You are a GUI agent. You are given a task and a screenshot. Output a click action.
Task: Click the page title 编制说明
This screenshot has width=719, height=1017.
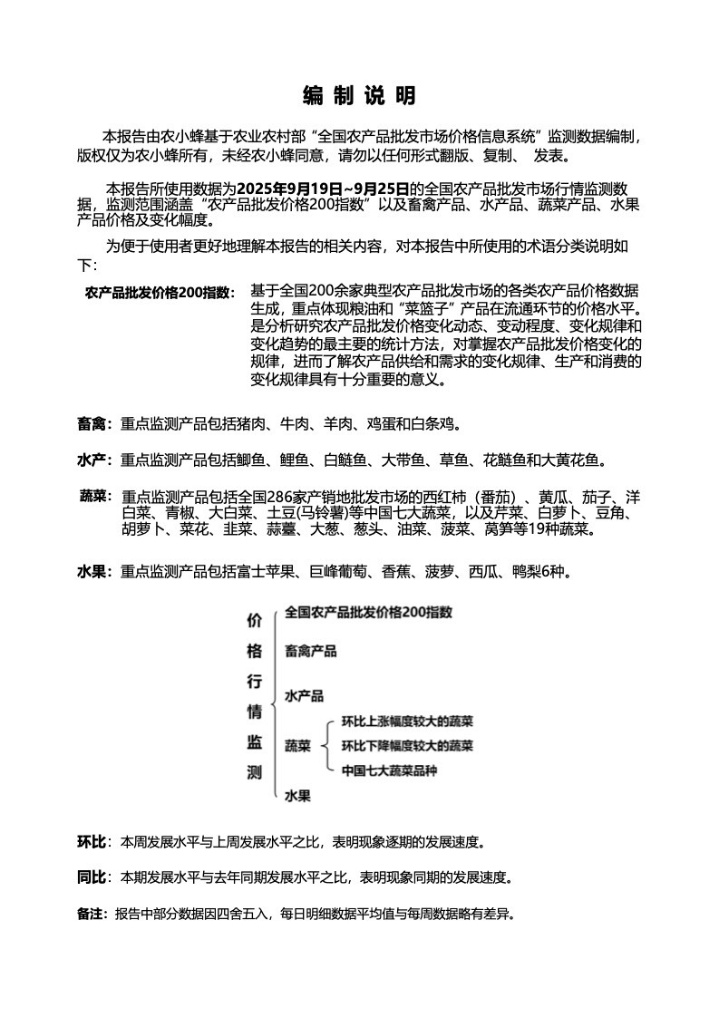click(x=359, y=96)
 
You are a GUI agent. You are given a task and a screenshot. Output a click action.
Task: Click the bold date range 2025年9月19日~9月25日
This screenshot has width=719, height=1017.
click(x=323, y=189)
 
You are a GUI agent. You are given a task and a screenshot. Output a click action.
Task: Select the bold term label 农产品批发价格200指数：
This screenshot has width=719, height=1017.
click(x=160, y=293)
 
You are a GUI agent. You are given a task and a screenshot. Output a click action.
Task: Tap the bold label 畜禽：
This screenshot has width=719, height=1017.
click(x=94, y=423)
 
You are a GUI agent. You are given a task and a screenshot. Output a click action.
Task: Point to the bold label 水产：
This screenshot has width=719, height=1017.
click(x=94, y=461)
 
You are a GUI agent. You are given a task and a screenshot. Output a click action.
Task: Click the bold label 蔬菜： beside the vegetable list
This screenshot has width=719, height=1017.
click(x=96, y=497)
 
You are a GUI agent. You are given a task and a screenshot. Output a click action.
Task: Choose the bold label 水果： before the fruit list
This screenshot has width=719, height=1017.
click(x=94, y=572)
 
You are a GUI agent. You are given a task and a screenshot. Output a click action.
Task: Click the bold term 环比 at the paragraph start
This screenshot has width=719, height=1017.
click(x=92, y=842)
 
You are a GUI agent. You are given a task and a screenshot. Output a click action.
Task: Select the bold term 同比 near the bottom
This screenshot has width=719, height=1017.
click(x=92, y=877)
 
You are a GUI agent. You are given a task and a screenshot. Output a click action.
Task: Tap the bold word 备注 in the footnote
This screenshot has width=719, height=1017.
click(x=92, y=914)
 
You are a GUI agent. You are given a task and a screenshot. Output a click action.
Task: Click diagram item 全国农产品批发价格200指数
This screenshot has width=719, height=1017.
click(x=368, y=612)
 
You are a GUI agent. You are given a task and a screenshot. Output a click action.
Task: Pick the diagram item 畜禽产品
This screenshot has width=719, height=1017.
click(x=310, y=651)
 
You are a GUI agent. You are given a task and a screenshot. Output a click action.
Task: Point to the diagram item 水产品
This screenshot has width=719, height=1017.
click(x=304, y=696)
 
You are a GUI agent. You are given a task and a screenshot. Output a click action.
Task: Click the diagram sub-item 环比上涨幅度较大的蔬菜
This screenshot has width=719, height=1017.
click(x=407, y=722)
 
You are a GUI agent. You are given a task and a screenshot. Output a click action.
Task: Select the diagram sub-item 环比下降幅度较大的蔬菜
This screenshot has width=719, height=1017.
click(x=407, y=746)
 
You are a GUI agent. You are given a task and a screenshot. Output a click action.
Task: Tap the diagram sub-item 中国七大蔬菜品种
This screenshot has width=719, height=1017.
click(x=389, y=770)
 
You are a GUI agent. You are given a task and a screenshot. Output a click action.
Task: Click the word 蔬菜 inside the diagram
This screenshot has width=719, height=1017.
click(x=297, y=746)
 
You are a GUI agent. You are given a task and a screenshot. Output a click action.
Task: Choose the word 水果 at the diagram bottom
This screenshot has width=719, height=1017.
click(x=297, y=796)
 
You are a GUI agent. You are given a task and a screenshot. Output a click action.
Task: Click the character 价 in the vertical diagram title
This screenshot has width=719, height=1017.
click(x=255, y=621)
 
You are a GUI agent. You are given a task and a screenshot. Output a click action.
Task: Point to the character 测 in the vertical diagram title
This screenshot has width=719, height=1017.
click(x=255, y=773)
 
